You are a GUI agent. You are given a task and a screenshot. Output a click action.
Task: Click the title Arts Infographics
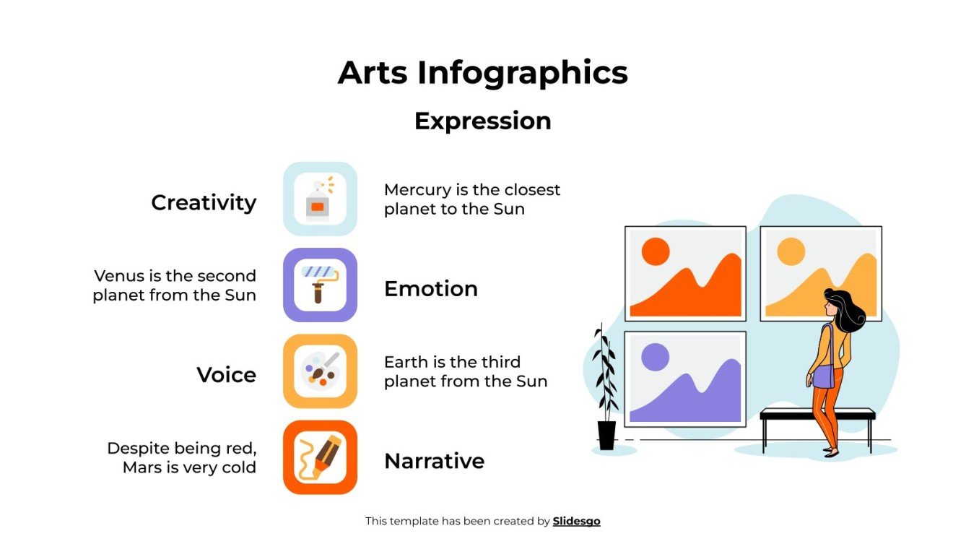click(482, 73)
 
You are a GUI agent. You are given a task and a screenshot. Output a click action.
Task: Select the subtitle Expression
click(482, 121)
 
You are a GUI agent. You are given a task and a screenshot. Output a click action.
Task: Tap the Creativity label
click(204, 202)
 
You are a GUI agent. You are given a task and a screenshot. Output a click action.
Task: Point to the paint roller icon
click(319, 284)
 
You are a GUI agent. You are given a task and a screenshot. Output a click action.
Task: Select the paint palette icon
click(319, 370)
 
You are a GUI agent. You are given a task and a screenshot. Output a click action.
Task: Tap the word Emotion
click(430, 289)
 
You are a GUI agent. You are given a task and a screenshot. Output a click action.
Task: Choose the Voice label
click(226, 375)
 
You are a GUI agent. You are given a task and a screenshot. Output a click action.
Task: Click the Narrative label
click(434, 461)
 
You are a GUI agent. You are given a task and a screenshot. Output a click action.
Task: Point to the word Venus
click(115, 276)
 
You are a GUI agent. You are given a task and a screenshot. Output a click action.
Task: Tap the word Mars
click(142, 467)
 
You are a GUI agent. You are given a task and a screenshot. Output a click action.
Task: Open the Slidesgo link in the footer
click(576, 521)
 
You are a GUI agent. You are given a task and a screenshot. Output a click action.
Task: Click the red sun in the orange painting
click(656, 251)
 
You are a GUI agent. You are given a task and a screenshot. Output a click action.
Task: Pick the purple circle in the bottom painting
click(655, 357)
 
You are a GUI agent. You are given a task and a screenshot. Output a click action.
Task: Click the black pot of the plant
click(606, 436)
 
